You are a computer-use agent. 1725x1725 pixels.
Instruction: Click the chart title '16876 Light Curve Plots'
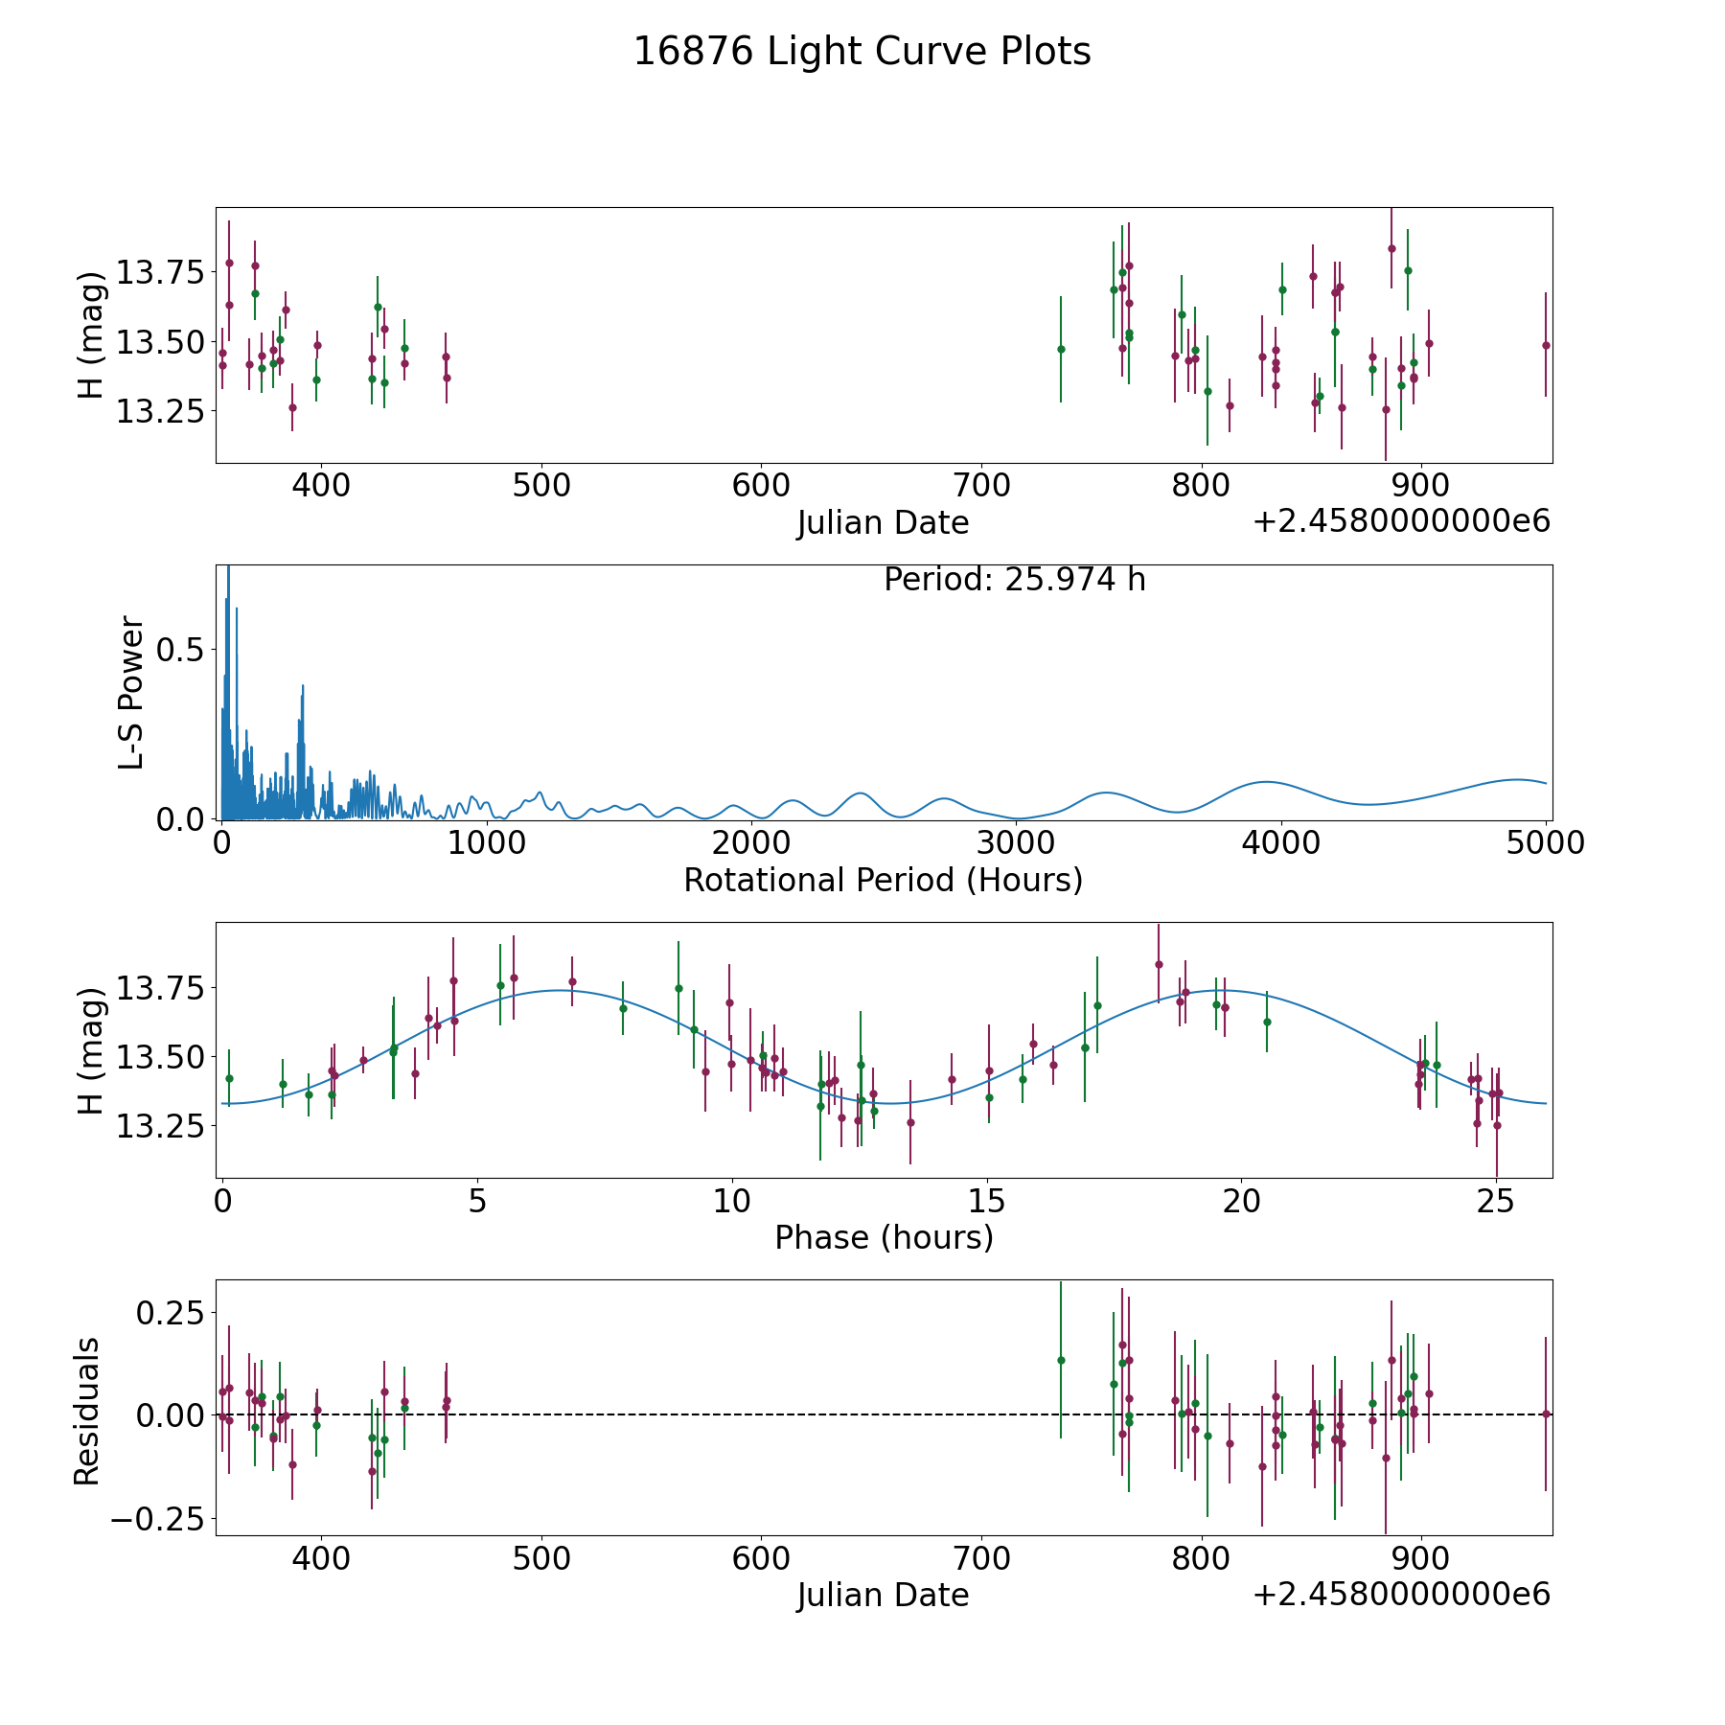(x=862, y=52)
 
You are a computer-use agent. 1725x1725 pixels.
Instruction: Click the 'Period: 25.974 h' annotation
(x=1014, y=580)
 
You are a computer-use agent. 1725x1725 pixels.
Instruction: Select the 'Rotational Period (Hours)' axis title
(x=883, y=880)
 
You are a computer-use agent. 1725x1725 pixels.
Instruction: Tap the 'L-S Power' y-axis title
(x=131, y=692)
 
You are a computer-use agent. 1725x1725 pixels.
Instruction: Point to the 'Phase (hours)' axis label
(x=883, y=1237)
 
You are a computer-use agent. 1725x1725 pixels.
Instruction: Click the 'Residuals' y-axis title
(x=87, y=1411)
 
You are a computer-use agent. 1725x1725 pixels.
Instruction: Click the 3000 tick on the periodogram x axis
(x=1016, y=842)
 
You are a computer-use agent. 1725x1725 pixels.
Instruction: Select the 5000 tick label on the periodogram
(x=1546, y=842)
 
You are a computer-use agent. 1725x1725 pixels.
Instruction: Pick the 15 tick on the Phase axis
(x=986, y=1200)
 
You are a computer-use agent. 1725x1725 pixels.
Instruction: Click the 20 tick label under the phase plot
(x=1241, y=1200)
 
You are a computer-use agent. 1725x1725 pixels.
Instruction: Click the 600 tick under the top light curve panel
(x=761, y=485)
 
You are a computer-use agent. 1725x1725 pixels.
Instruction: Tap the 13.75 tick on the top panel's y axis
(x=159, y=273)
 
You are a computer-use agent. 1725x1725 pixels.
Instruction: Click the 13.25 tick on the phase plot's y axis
(x=159, y=1126)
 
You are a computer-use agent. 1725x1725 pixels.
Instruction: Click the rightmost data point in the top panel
(x=1545, y=345)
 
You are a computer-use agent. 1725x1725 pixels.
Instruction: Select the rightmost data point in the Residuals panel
(x=1545, y=1414)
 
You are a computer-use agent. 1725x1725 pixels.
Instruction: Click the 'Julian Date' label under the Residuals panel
(x=883, y=1596)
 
